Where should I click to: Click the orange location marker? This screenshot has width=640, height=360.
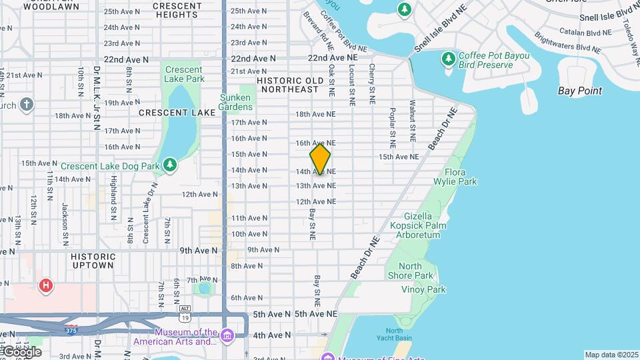pos(320,159)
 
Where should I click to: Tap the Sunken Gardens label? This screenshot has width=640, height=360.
pos(235,102)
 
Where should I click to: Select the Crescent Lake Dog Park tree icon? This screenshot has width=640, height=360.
pos(170,165)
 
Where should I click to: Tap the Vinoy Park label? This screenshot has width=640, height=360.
pos(423,289)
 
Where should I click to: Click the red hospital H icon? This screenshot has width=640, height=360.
pos(45,286)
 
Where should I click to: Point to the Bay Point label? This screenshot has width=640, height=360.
pos(580,91)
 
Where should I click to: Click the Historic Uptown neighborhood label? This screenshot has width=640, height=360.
pos(93,261)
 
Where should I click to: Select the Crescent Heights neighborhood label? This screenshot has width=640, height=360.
pos(177,9)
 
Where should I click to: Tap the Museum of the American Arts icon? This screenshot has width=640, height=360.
pos(227,333)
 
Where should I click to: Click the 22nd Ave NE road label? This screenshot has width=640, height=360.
pos(332,58)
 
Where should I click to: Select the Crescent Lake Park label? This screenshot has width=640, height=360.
pos(184,74)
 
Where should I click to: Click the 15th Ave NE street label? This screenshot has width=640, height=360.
pos(399,157)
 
